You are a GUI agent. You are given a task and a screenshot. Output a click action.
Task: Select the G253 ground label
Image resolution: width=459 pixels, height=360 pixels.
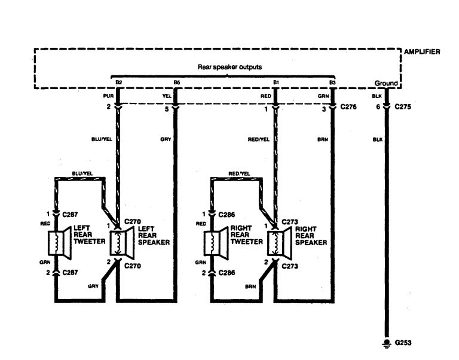click(x=403, y=343)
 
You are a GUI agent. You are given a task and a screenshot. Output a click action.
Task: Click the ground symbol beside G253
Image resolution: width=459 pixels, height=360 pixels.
click(x=386, y=343)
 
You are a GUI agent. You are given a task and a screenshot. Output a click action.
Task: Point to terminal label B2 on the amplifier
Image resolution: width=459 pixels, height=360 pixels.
click(x=118, y=82)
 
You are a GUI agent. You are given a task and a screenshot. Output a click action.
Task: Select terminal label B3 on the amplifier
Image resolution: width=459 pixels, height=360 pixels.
click(x=332, y=82)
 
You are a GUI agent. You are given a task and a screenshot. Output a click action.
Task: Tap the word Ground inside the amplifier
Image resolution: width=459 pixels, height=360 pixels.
click(x=385, y=83)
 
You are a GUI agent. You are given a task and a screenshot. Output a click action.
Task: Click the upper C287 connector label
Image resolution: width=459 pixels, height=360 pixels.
click(x=71, y=213)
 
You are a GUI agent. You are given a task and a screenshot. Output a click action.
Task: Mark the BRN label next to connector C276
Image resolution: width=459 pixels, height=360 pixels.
click(x=323, y=139)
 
